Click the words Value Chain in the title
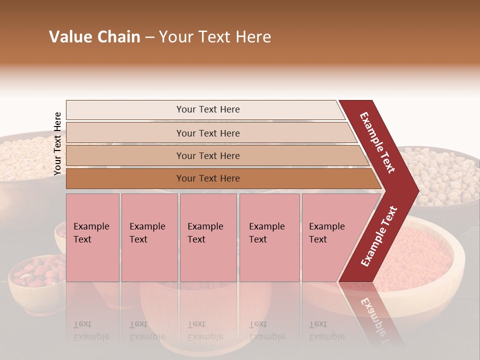(x=94, y=37)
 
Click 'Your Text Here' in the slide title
(x=215, y=37)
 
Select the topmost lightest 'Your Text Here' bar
(x=207, y=109)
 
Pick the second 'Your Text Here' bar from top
(x=207, y=133)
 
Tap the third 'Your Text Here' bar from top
(x=207, y=156)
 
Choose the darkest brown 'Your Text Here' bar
(x=207, y=178)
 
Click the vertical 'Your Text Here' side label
(x=57, y=143)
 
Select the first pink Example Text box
(x=92, y=237)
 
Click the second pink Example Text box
(x=149, y=237)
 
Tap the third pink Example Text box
(x=208, y=237)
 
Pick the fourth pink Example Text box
(x=269, y=237)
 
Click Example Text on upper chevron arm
(x=377, y=142)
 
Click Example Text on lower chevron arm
(x=379, y=236)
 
